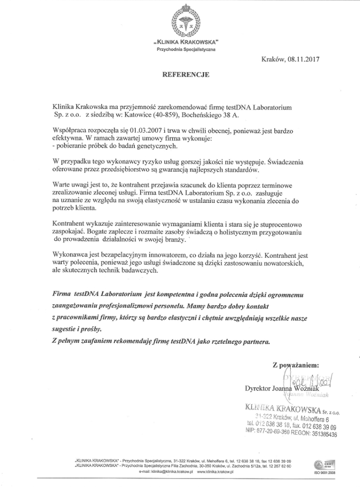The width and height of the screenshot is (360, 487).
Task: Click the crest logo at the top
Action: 185,22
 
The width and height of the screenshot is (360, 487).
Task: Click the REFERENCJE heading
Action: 186,74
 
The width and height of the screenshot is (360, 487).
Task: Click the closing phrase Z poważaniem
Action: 296,365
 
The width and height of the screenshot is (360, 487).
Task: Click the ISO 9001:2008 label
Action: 324,473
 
